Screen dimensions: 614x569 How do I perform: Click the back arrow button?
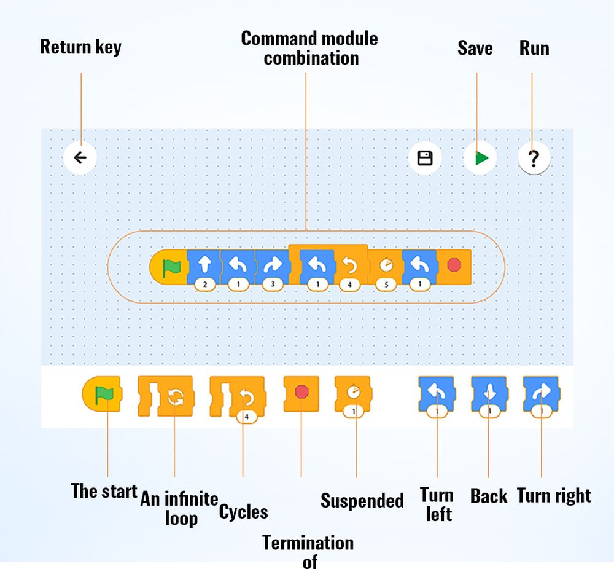[80, 157]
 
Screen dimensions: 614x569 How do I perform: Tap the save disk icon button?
[425, 158]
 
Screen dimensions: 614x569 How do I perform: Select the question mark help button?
[534, 158]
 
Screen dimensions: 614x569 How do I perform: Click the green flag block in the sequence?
[169, 267]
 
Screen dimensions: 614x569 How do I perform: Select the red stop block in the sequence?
[454, 267]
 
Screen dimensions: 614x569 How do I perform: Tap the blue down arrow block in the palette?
[489, 396]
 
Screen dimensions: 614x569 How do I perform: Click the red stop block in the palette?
[301, 394]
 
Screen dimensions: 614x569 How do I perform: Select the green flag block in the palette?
[102, 394]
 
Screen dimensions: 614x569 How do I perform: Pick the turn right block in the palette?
[542, 396]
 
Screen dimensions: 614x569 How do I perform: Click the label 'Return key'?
[80, 47]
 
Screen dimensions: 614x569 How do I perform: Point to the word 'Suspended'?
[362, 500]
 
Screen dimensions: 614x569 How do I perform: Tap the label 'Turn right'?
[554, 496]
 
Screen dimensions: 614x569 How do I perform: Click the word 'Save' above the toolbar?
[475, 48]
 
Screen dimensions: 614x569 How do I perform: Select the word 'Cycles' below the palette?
[243, 512]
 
